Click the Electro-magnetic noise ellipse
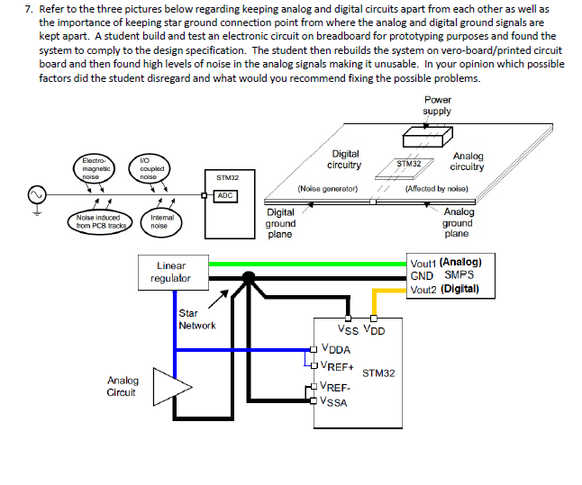point(95,168)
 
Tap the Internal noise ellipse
point(162,221)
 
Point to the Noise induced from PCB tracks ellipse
point(98,221)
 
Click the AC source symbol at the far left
point(37,194)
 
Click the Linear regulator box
point(171,272)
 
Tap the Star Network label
point(196,319)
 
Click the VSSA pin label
point(335,401)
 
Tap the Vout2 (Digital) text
point(444,290)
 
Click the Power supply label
point(437,105)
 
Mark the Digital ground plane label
point(280,223)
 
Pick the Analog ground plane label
point(458,222)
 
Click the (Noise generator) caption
point(328,190)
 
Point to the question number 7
point(29,8)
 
